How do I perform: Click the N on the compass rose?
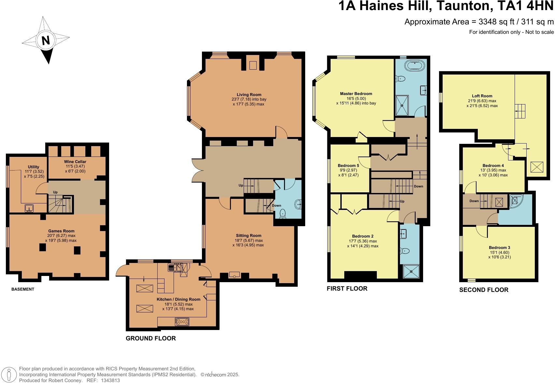tap(46, 40)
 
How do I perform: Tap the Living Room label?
tap(249, 95)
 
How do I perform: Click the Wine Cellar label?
tap(75, 161)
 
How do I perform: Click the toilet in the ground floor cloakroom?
tap(282, 213)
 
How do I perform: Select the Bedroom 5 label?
tap(348, 165)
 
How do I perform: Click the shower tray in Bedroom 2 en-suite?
tap(411, 272)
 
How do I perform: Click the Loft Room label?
tap(482, 96)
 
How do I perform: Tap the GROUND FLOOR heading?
tap(151, 338)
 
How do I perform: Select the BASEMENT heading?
tap(23, 289)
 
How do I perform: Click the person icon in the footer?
tap(9, 375)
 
